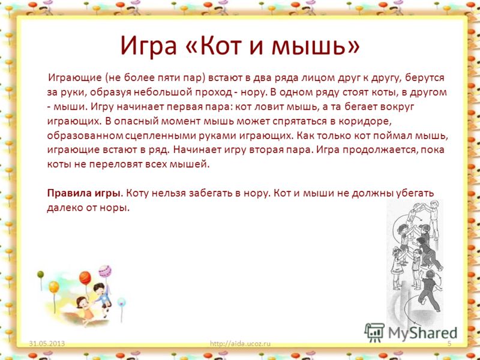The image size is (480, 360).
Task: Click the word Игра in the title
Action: (148, 46)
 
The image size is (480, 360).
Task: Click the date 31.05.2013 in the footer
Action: (47, 343)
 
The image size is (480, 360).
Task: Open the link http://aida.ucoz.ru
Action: (241, 343)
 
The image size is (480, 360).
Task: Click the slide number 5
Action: (449, 343)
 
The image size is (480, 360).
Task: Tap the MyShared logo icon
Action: (374, 332)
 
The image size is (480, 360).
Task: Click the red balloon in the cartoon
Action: (85, 278)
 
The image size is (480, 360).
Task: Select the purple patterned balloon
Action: (104, 271)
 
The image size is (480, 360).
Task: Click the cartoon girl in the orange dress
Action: (85, 310)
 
